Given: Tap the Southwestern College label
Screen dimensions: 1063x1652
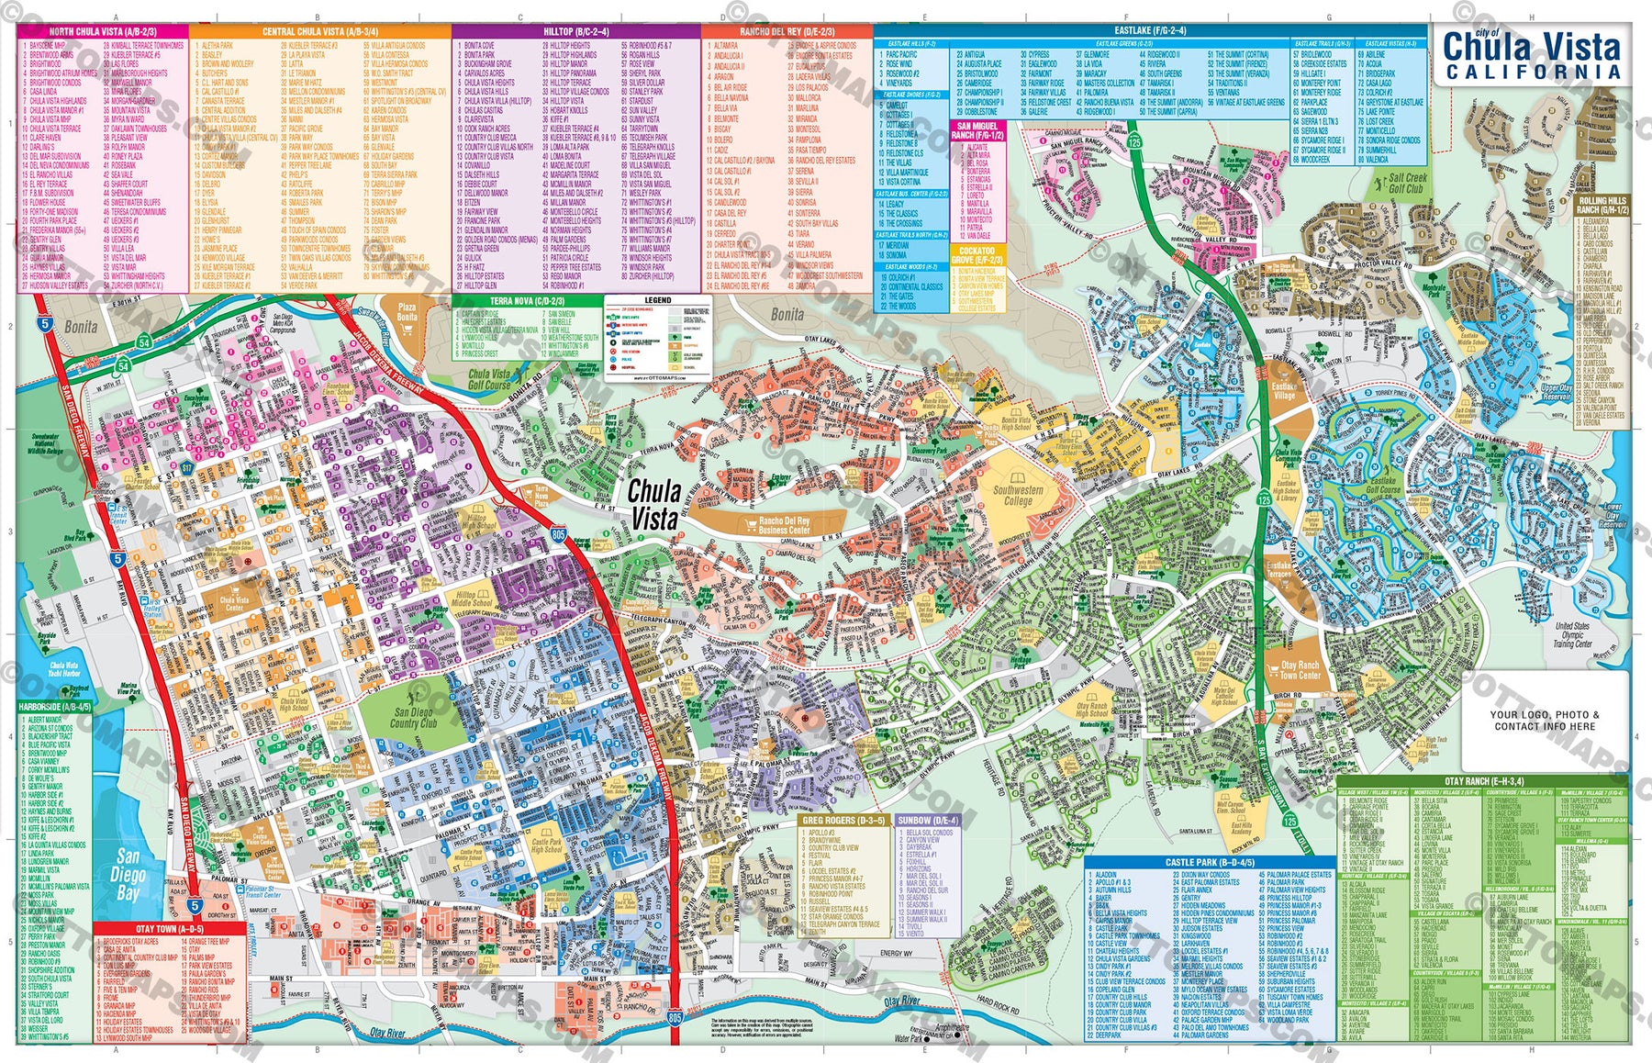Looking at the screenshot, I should pos(1018,496).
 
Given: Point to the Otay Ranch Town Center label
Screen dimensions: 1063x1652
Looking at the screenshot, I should pos(1300,670).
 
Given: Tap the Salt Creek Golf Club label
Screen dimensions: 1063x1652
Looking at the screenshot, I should pos(1406,184).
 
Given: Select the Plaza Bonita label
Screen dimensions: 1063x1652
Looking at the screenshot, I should pos(407,312).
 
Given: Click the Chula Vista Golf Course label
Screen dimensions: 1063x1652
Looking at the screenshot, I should pos(489,379).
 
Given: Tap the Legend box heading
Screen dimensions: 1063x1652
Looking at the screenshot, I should pos(657,300).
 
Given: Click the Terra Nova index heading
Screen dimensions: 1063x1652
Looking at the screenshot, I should pos(514,301).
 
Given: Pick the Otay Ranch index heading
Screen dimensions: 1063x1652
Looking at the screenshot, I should pos(1478,782).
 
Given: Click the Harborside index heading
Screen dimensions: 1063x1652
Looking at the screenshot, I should pos(54,707).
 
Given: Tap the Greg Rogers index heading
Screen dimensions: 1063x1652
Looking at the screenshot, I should pos(843,821).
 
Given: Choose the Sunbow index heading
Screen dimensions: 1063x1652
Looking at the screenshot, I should pos(928,821).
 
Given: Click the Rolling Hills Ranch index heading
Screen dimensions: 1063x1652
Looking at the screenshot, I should pos(1602,205).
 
